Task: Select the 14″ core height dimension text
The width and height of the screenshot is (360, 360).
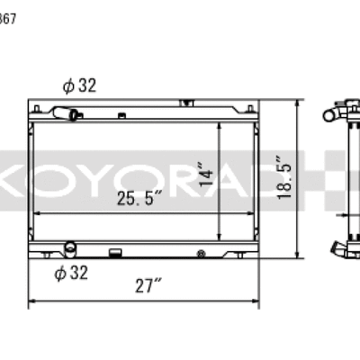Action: (x=204, y=176)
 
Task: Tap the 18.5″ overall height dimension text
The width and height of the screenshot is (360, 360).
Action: (x=287, y=177)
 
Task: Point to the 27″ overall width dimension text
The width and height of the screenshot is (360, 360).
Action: (x=147, y=287)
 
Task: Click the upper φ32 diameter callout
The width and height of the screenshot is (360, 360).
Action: (x=79, y=86)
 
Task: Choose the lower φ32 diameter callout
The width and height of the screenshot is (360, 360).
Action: (x=70, y=274)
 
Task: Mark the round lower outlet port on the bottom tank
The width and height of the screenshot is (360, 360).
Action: (x=70, y=245)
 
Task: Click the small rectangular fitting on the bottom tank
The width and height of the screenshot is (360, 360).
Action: (x=115, y=252)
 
